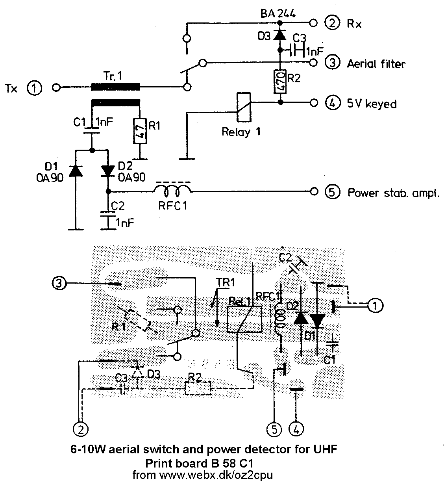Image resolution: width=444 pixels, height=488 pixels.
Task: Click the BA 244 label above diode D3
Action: click(278, 14)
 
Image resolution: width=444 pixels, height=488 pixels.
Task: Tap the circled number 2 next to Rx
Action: click(332, 23)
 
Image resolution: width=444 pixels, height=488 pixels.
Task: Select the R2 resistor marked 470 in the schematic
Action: click(279, 82)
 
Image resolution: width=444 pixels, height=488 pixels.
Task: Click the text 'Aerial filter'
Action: click(376, 63)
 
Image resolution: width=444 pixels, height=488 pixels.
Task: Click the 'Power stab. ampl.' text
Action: click(393, 193)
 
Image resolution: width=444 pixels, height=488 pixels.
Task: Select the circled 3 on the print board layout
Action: click(58, 283)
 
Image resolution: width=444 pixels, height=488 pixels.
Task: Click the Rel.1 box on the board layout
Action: click(245, 319)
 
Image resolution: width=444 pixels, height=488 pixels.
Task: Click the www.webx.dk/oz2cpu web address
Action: click(216, 475)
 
